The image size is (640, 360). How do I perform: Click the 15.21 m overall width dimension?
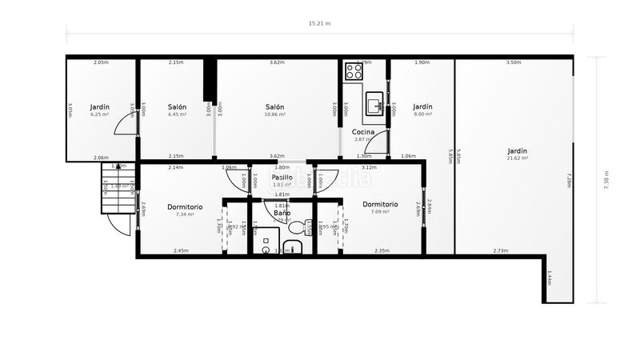pos(319,24)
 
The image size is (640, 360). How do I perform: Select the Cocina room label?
pos(363,131)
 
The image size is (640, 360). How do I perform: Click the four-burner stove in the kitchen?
pos(353,71)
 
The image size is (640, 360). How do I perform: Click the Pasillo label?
pos(282,177)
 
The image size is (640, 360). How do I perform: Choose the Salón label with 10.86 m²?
pos(275,106)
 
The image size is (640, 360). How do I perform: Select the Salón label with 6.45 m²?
pos(177,106)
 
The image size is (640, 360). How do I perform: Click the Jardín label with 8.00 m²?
pos(422,106)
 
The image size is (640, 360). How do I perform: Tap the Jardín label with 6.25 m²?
pos(99,106)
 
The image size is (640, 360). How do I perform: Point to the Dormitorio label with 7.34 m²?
pos(185,207)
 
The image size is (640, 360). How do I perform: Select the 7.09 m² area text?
pos(380,212)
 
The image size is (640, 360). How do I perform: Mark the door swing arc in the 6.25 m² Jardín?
pos(126,125)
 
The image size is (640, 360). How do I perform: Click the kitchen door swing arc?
pos(378,142)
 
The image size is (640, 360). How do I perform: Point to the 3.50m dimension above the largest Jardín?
pos(514,62)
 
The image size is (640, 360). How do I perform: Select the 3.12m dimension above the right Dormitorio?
pos(369,167)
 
